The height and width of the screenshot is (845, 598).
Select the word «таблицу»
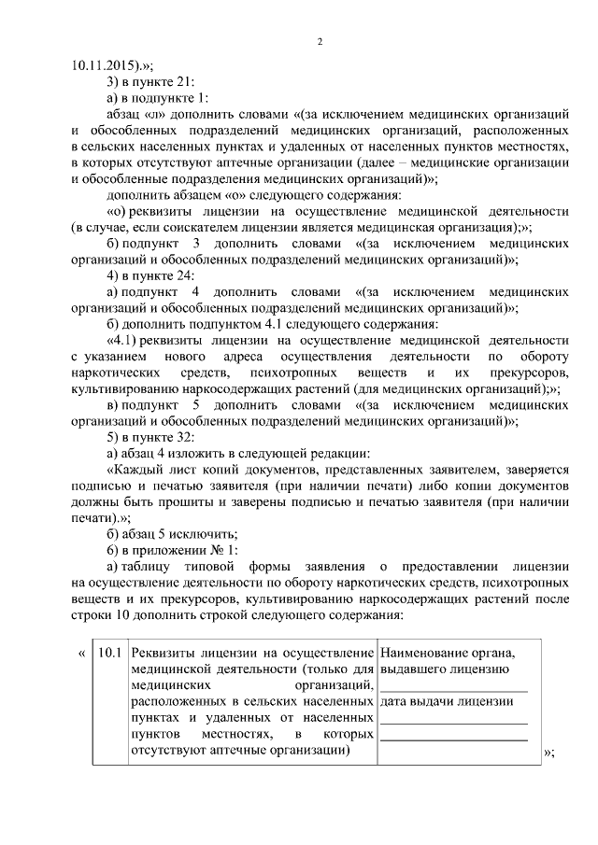[x=154, y=568]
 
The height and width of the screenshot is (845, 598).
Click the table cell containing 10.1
[x=110, y=652]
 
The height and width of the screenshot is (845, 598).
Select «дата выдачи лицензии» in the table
[x=447, y=702]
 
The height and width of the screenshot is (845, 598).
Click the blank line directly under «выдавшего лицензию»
[x=453, y=685]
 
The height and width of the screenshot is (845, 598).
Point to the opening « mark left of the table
[x=80, y=652]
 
